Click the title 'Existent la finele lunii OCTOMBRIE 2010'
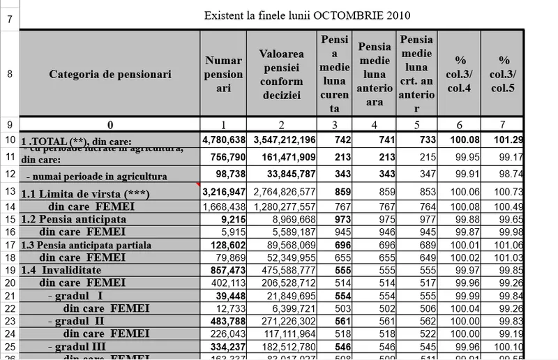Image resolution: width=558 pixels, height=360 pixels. pos(307,15)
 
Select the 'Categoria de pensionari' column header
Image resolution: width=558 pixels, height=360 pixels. pos(110,74)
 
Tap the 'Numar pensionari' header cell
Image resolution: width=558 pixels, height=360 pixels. pos(224,74)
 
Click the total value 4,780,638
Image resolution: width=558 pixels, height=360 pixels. pos(224,140)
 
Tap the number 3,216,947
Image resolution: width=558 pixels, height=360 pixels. pos(224,191)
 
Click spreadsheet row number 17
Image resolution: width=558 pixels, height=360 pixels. pos(10,245)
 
